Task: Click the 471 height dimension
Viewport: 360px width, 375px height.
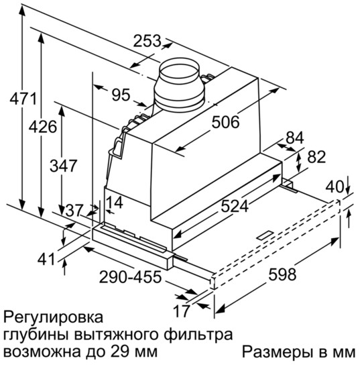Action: click(23, 99)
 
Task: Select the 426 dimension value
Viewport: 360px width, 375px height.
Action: click(43, 127)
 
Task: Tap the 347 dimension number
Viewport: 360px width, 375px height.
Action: click(63, 166)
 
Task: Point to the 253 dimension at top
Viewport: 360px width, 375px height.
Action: click(147, 41)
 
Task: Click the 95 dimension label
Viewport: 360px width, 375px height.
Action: click(121, 95)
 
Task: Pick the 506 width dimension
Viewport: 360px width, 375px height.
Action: click(225, 122)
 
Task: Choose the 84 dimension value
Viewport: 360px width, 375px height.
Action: click(295, 138)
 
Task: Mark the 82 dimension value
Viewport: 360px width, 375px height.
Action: click(316, 157)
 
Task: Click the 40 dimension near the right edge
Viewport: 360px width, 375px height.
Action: click(335, 186)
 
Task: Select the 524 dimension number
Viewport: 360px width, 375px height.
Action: click(235, 206)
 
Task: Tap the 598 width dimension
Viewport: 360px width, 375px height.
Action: click(282, 274)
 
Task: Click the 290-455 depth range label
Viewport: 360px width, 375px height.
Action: click(130, 277)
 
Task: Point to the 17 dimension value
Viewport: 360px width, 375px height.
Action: click(182, 311)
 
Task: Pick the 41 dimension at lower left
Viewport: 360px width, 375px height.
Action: click(46, 259)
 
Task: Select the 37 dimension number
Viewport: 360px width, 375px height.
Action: click(74, 211)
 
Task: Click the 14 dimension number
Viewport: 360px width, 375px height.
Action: click(114, 203)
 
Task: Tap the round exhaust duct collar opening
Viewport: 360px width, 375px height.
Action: click(179, 72)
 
